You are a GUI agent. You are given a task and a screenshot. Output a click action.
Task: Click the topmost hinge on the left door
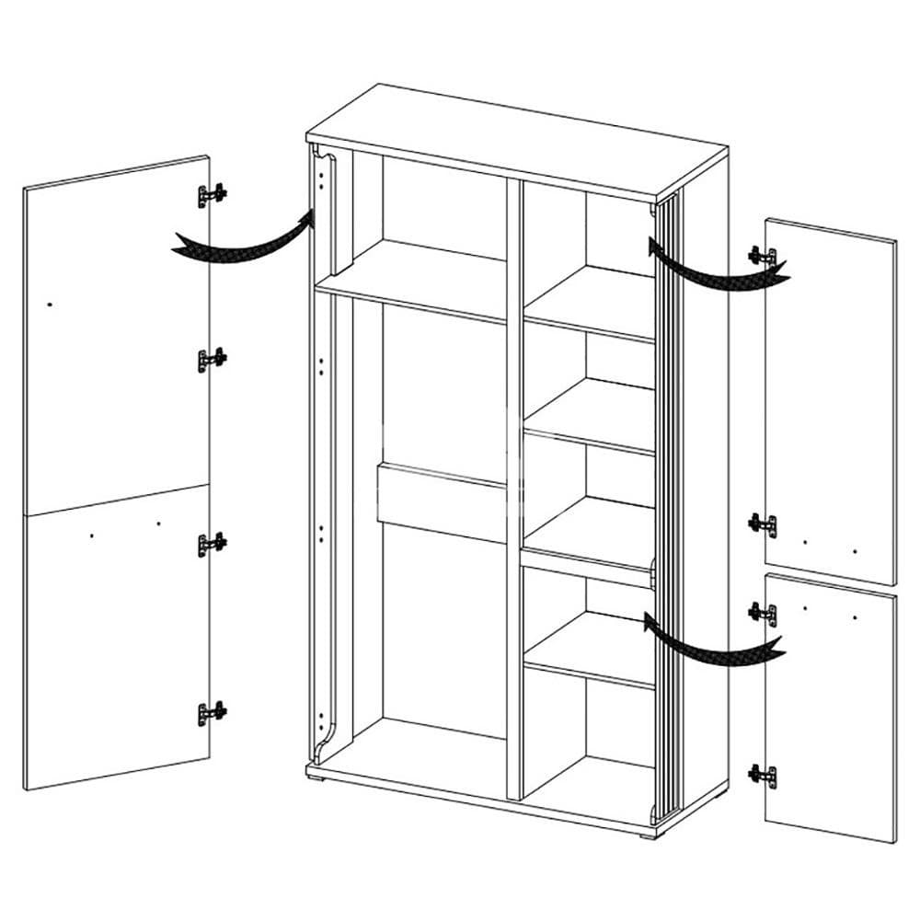213,195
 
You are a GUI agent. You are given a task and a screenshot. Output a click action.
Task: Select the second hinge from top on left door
213,360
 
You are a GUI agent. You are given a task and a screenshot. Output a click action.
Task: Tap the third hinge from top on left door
213,544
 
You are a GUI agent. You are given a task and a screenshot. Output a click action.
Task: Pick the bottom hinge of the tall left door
213,712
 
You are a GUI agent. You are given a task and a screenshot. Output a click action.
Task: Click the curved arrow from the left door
244,241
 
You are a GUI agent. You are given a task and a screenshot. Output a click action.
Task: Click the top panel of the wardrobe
515,143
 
